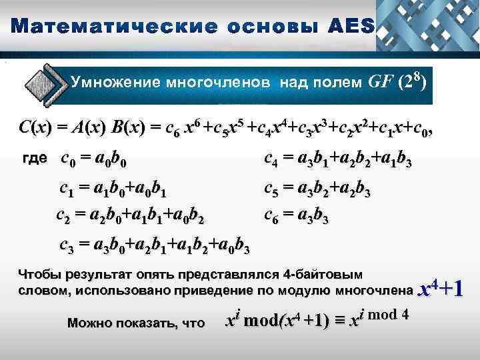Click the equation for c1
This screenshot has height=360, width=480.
tap(113, 192)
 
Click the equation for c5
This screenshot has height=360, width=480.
tap(317, 192)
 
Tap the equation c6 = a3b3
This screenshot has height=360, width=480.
tap(297, 216)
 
